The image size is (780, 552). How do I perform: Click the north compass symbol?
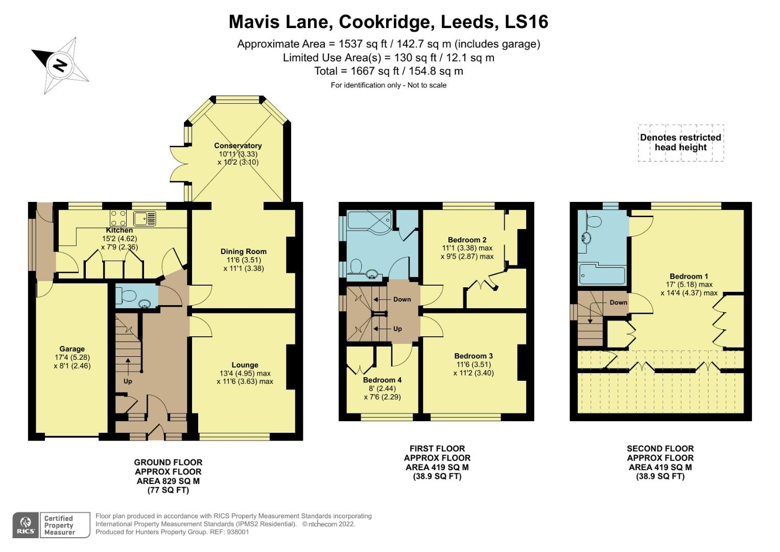[x=60, y=65]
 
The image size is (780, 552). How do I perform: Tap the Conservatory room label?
[x=238, y=146]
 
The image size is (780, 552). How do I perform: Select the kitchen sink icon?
[x=145, y=219]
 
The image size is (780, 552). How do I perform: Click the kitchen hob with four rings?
[x=118, y=218]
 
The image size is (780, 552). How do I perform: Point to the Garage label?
[x=72, y=349]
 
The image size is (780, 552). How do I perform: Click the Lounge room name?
[x=245, y=365]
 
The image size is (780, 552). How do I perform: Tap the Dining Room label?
[x=244, y=251]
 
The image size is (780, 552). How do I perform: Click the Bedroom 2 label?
[x=467, y=240]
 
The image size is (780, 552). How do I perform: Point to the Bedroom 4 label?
[x=382, y=380]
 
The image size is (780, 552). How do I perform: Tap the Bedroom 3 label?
[x=474, y=356]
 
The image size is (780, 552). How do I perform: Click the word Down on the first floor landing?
[x=402, y=300]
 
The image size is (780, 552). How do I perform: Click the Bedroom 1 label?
[x=689, y=277]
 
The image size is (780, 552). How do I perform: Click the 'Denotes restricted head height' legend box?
[x=681, y=143]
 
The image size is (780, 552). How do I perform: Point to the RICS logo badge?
[x=26, y=525]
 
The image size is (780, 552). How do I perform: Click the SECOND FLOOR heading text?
[x=660, y=449]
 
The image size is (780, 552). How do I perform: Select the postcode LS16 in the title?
[x=526, y=21]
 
